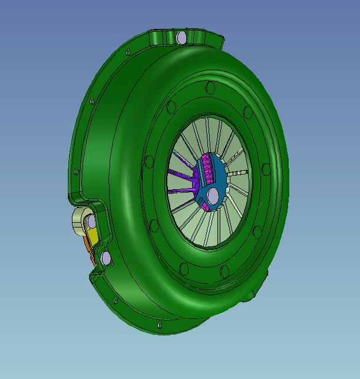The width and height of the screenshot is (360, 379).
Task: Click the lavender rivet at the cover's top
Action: (181, 38)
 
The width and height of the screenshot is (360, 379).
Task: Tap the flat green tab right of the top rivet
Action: (216, 41)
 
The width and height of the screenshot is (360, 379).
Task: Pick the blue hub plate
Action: (221, 180)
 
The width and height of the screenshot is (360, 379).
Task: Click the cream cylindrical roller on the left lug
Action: (79, 222)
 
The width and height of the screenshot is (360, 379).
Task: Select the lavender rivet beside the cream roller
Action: (91, 222)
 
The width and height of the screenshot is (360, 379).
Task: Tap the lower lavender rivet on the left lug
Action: (105, 258)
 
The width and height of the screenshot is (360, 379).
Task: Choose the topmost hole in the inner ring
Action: (210, 88)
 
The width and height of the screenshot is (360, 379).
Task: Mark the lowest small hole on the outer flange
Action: (158, 325)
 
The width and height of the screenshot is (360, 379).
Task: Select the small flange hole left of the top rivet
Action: (128, 52)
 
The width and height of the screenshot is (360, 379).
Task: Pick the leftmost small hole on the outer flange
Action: (75, 172)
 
